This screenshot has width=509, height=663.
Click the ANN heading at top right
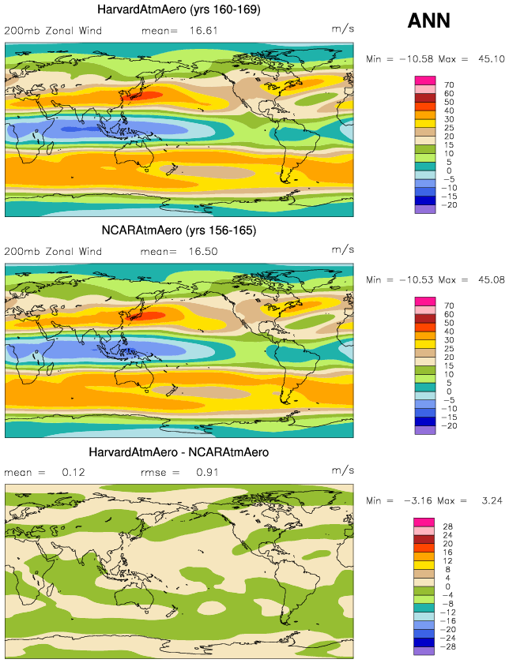(428, 21)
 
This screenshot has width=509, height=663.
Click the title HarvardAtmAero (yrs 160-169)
(178, 9)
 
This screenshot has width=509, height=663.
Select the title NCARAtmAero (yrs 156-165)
(178, 230)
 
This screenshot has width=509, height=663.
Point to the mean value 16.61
(201, 31)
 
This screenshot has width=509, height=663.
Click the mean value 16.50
(201, 252)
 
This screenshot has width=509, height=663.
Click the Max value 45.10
(483, 59)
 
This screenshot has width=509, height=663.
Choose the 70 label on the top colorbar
(448, 84)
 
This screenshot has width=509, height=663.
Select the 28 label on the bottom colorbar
(448, 526)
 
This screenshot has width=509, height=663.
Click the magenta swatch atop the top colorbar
(424, 80)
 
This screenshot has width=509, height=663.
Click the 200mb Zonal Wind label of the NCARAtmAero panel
(53, 252)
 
